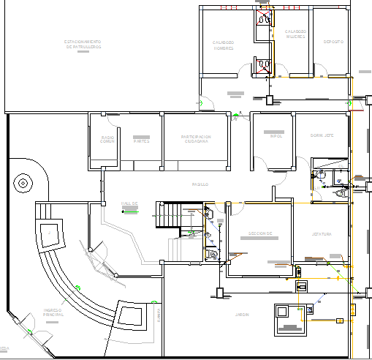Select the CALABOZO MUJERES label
coord(295,34)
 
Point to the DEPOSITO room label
coord(333,42)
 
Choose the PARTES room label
coord(141,140)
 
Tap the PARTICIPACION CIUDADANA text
coord(197,138)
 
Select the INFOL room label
coord(276,136)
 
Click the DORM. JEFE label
coord(322,135)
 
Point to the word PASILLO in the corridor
coord(200,184)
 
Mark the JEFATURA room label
coord(322,234)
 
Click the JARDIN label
coord(242,314)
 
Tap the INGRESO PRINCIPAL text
coord(53,312)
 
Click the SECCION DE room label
coord(259,234)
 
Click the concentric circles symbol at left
coord(23,183)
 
